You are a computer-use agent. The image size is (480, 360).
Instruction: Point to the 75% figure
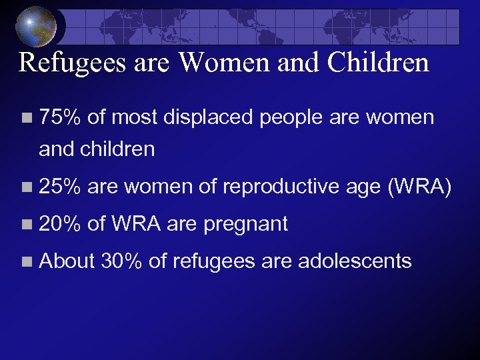click(x=60, y=119)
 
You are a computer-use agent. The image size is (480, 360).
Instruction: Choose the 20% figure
click(x=60, y=224)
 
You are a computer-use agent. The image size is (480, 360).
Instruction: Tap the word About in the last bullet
click(x=67, y=261)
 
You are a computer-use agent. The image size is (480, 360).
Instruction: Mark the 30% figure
click(x=121, y=261)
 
